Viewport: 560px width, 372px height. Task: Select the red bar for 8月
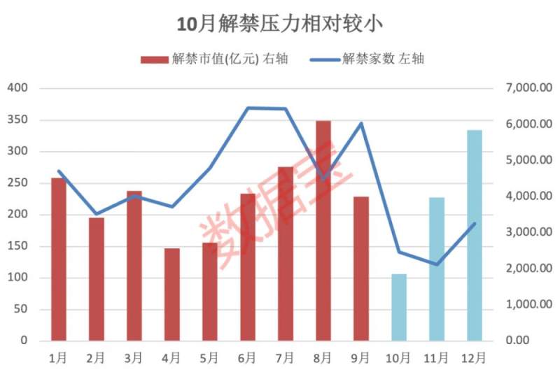[x=323, y=231]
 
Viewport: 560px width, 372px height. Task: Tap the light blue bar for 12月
[x=475, y=235]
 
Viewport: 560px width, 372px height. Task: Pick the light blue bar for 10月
[x=399, y=308]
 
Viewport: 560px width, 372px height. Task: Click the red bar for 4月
[x=172, y=294]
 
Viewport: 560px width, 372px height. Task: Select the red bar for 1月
[x=59, y=259]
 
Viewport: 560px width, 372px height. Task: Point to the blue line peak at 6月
[x=248, y=108]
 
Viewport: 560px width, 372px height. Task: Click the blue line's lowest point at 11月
[x=437, y=264]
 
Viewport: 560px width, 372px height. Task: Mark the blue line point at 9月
[x=361, y=123]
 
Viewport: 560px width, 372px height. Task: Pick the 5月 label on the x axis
[x=210, y=358]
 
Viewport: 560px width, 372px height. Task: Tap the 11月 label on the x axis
[x=437, y=358]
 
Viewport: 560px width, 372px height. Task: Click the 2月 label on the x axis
[x=97, y=358]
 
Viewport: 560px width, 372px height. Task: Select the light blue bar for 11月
[x=437, y=269]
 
